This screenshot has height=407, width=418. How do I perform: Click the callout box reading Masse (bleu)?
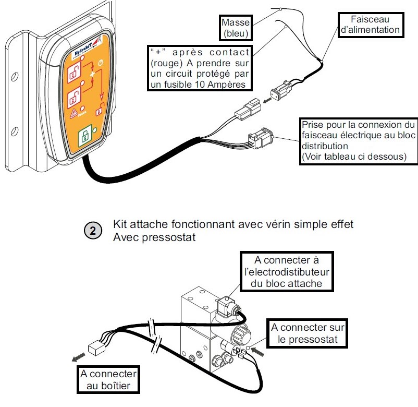[236, 29]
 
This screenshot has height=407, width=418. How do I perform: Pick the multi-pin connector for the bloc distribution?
[259, 138]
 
